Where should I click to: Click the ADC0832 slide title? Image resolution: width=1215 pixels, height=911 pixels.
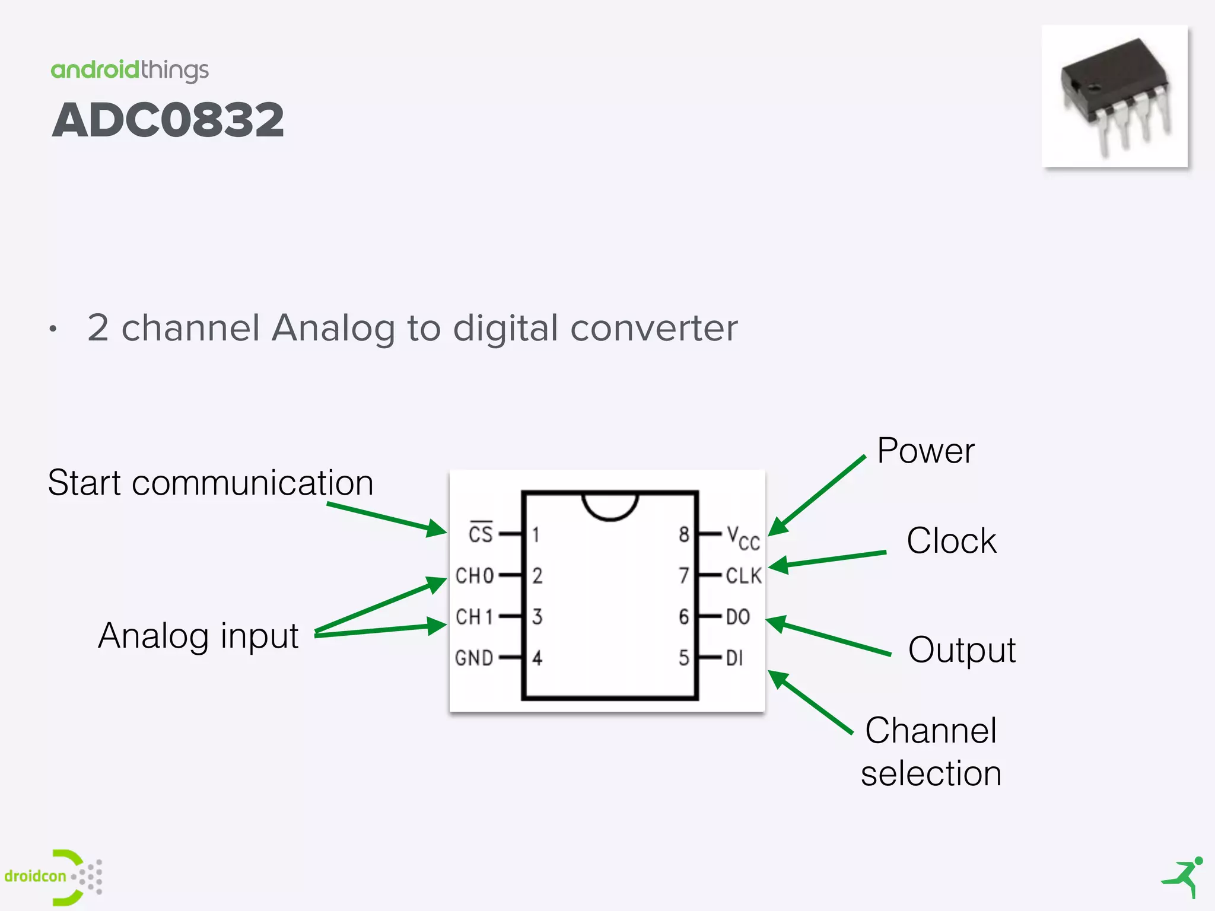[168, 120]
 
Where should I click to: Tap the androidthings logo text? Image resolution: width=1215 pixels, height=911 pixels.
[129, 70]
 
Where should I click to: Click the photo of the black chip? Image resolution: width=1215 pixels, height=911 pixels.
[1115, 96]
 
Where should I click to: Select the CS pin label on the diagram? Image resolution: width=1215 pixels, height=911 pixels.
[481, 533]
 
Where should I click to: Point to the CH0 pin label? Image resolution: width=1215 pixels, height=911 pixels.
[474, 575]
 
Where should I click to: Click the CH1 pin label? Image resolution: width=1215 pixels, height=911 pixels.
[474, 617]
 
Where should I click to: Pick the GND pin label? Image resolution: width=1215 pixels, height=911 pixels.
[474, 658]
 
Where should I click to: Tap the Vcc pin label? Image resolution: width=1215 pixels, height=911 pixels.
[743, 538]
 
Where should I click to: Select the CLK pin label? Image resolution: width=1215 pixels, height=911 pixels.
[743, 575]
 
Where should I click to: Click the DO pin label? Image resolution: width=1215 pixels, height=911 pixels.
[737, 617]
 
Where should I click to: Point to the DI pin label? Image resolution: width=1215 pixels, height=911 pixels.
[734, 658]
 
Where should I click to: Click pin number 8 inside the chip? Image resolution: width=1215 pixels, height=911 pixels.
[684, 534]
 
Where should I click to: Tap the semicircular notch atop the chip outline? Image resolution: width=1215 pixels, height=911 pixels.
[610, 505]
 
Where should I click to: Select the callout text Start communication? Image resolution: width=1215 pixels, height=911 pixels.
[211, 483]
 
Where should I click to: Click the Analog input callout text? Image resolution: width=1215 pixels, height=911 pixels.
[198, 636]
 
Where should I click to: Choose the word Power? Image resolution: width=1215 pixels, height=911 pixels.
[925, 451]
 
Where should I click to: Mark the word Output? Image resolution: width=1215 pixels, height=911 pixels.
[962, 650]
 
